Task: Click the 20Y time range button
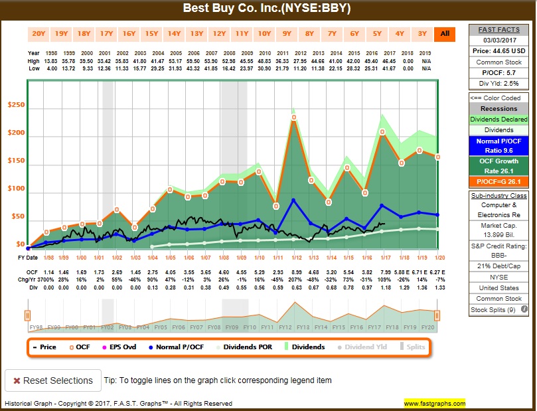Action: tap(39, 33)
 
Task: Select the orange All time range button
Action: tap(444, 33)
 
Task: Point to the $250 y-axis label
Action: tap(16, 105)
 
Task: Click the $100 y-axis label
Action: tap(16, 189)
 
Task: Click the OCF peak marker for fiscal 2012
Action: tap(294, 118)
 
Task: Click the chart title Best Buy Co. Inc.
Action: tap(268, 9)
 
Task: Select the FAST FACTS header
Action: tap(499, 29)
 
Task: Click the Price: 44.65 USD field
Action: tap(499, 50)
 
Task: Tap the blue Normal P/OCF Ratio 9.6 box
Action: tap(499, 145)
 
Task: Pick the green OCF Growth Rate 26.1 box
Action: tap(499, 165)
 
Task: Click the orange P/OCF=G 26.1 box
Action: tap(499, 181)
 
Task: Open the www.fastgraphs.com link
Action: tap(434, 403)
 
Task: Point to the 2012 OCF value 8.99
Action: tap(297, 272)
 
